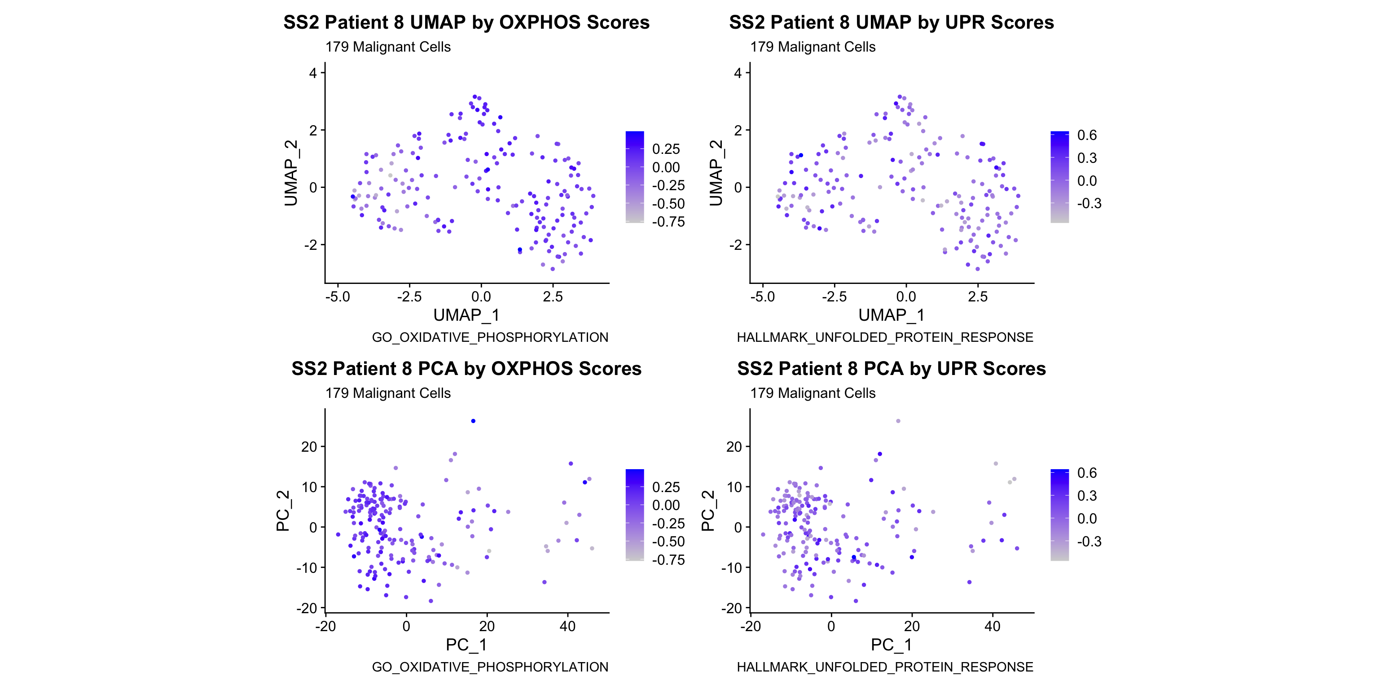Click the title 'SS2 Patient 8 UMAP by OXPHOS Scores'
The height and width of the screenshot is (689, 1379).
pos(466,22)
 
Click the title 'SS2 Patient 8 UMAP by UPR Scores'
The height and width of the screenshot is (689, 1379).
pos(892,22)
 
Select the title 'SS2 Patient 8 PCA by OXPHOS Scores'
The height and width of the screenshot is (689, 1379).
pos(466,369)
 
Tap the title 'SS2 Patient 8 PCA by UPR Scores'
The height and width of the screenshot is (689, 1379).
pos(892,369)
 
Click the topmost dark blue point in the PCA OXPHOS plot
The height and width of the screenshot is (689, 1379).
pos(473,421)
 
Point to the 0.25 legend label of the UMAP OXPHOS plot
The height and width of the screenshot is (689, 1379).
pos(666,149)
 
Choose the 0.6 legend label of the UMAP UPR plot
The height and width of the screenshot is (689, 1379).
pos(1087,135)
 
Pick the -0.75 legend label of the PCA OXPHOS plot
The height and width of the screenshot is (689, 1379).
pos(668,560)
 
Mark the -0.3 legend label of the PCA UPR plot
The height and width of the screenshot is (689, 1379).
pos(1089,541)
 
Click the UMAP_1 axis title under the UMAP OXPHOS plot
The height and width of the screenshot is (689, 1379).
pos(466,315)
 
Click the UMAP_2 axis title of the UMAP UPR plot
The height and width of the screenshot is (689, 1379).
pos(716,173)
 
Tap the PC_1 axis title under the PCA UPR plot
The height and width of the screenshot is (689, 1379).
pos(892,645)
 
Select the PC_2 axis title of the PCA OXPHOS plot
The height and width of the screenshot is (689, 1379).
pos(283,511)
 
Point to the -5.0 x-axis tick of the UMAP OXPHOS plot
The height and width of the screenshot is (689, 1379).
pos(338,297)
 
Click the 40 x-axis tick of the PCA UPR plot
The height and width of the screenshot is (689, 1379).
pos(993,626)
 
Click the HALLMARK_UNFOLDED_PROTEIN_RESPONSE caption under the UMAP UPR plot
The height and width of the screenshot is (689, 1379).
pos(885,337)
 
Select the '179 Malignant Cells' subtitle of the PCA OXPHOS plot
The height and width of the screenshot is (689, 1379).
pos(388,393)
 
